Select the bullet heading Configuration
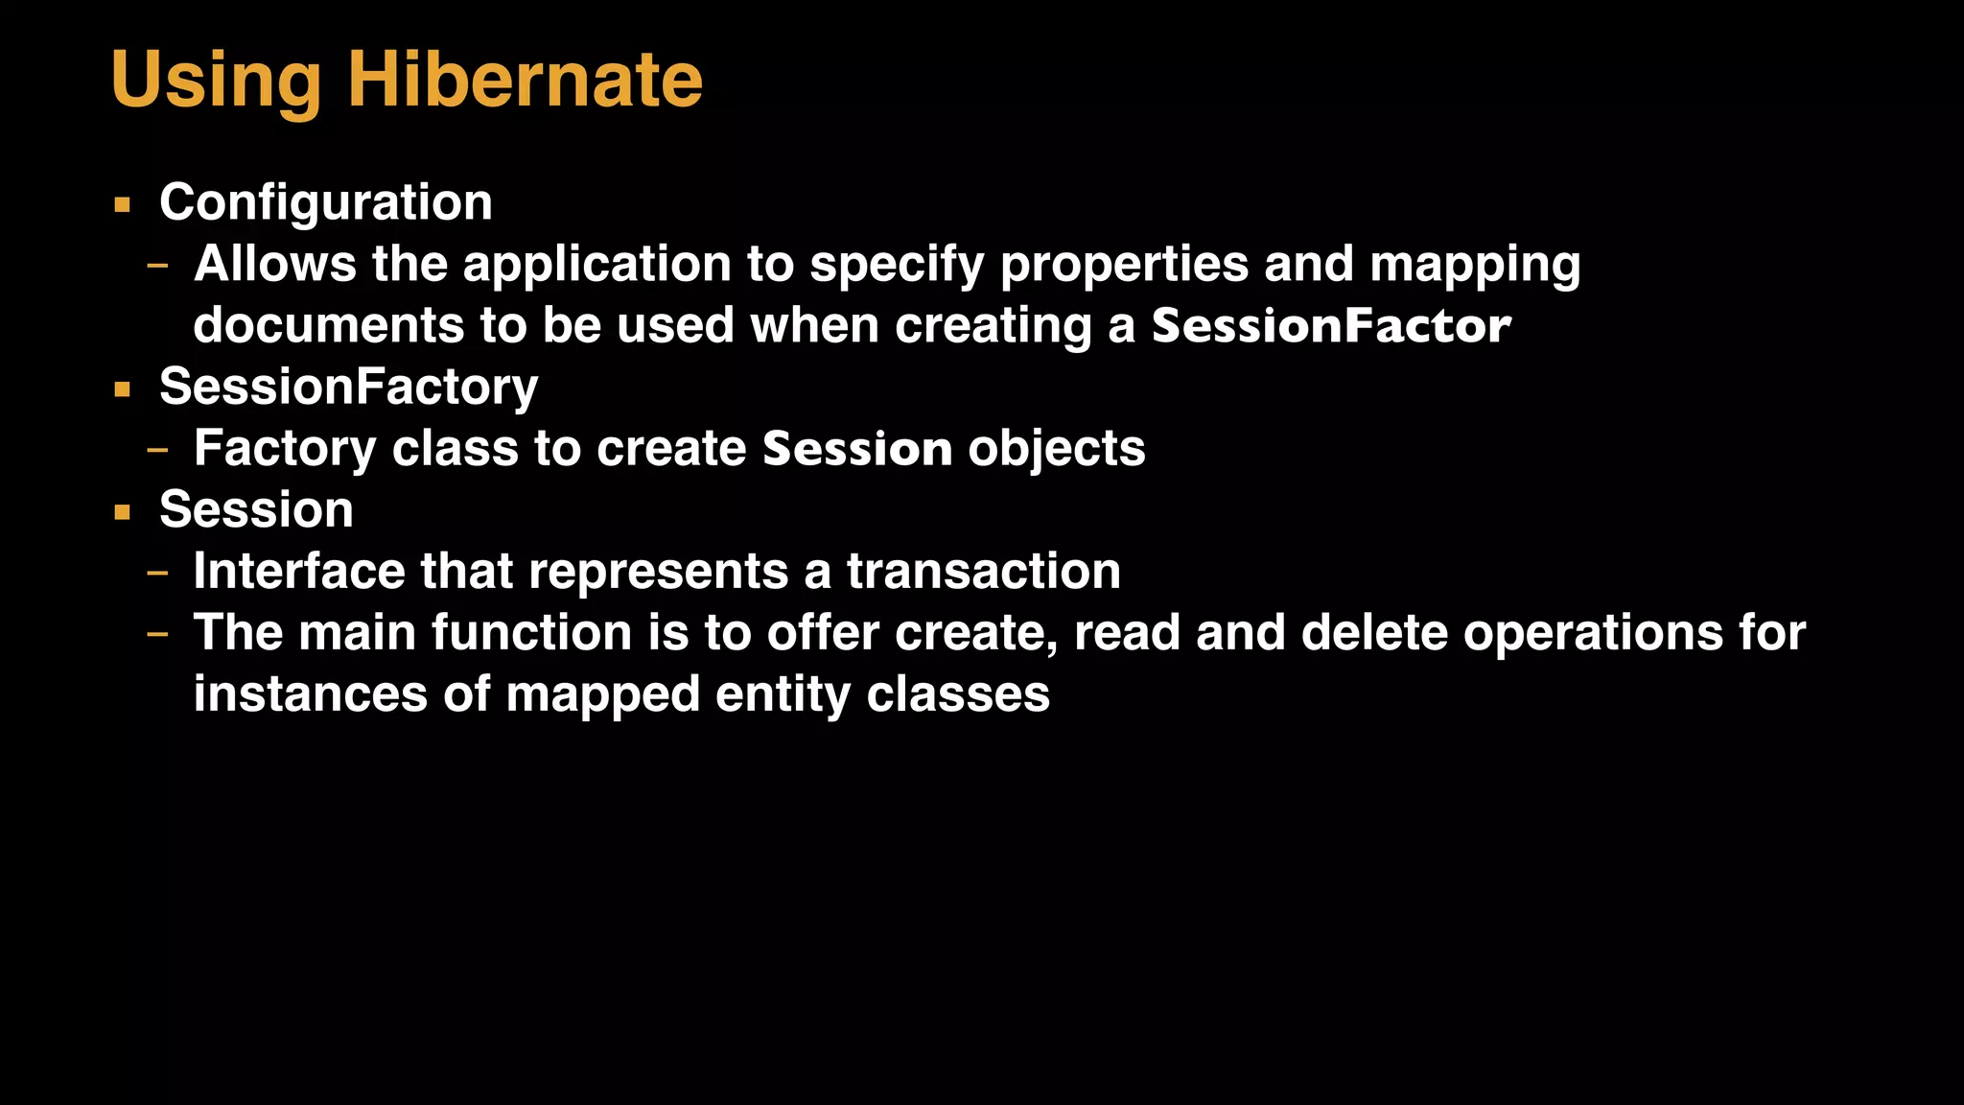point(325,202)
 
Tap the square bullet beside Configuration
point(122,204)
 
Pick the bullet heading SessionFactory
point(348,387)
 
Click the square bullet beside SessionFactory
point(122,389)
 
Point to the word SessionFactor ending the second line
point(1330,326)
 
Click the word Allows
point(274,264)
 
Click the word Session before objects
point(856,449)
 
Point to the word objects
point(1056,449)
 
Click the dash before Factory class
point(157,449)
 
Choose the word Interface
point(298,572)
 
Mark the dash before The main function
point(157,633)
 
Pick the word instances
point(310,694)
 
